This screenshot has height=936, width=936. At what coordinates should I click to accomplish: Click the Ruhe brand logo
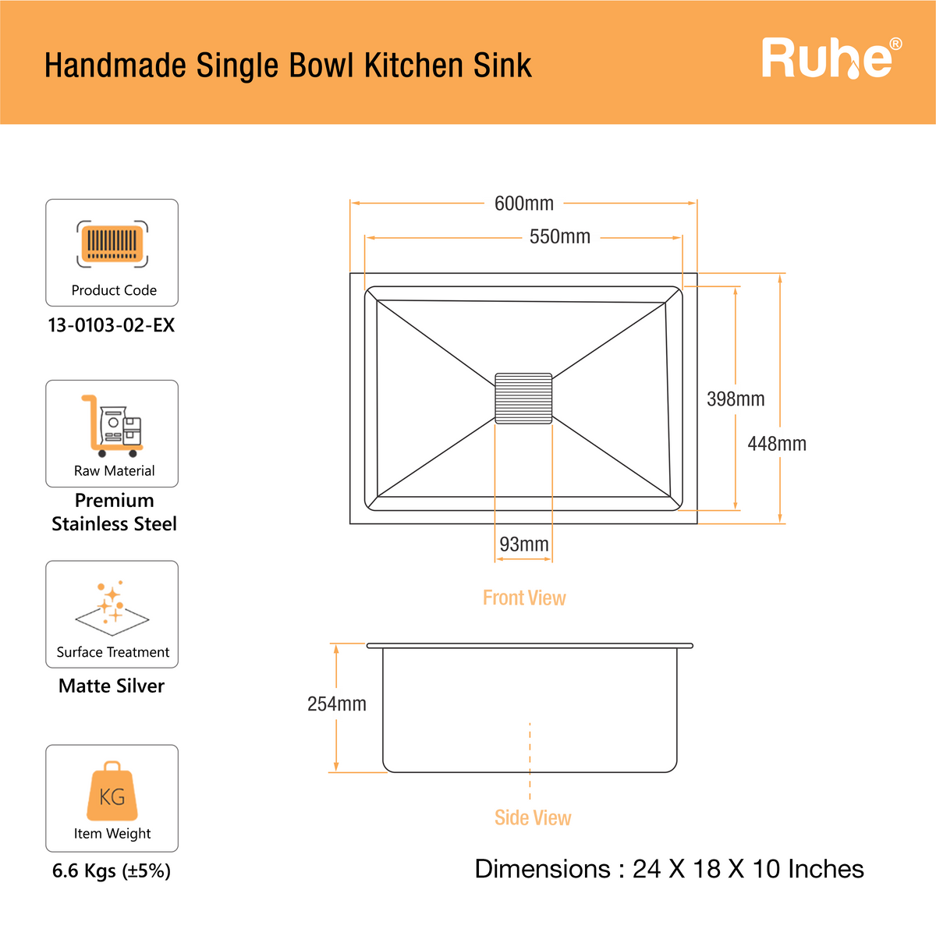(x=831, y=58)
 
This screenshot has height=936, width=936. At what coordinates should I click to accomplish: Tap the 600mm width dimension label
(x=523, y=204)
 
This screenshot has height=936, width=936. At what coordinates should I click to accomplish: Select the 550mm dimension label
(x=559, y=236)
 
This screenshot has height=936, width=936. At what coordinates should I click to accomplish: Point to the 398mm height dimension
(x=736, y=399)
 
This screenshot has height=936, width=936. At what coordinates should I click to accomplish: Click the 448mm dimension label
(x=777, y=444)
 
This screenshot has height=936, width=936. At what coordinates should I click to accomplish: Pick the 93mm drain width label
(x=523, y=544)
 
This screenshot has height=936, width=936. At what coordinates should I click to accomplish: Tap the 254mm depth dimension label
(x=337, y=704)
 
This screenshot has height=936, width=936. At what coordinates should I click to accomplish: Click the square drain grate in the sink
(x=523, y=399)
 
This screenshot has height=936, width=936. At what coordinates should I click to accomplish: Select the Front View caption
(x=524, y=597)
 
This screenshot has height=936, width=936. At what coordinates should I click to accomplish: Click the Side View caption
(x=533, y=817)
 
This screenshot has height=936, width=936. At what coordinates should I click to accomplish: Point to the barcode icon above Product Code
(x=112, y=243)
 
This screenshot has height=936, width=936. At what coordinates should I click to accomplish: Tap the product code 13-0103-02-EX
(x=112, y=325)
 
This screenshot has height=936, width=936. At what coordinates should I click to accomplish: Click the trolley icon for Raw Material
(x=112, y=426)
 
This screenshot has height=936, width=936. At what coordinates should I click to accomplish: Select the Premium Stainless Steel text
(x=114, y=512)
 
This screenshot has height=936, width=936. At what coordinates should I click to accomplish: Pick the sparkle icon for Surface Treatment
(x=112, y=608)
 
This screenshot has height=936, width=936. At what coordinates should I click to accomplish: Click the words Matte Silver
(x=112, y=686)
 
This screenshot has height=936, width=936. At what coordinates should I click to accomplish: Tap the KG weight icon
(x=112, y=791)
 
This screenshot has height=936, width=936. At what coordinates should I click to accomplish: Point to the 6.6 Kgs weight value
(x=112, y=870)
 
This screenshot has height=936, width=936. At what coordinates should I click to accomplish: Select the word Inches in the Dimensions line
(x=826, y=869)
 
